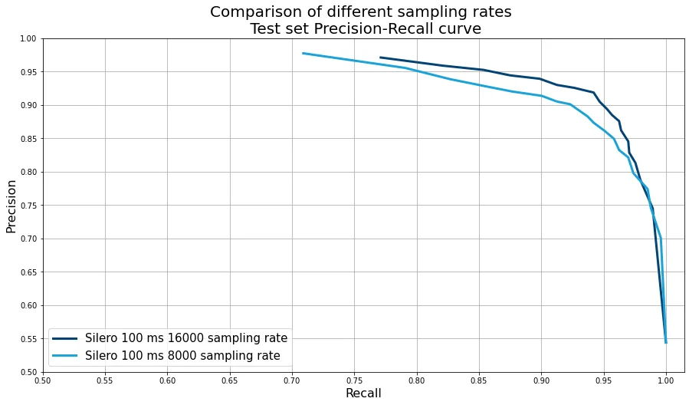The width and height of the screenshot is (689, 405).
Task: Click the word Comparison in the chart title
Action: coord(252,12)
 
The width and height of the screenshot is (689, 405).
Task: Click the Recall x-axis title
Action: coord(363,393)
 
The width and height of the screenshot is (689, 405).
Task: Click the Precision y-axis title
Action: coord(11,206)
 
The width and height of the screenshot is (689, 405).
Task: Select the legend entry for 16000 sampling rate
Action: coord(186,338)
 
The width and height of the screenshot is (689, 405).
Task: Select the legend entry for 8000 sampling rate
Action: coord(182,356)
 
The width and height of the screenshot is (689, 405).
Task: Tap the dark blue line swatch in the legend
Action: coord(66,338)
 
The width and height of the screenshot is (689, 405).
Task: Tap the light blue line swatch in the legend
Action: coord(66,356)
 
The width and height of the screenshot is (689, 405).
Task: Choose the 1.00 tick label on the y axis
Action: coord(28,38)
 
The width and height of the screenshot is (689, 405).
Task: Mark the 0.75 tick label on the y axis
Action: coord(28,206)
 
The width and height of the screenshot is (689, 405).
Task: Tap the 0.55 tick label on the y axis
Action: coord(28,339)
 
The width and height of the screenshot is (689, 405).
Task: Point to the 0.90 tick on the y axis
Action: coord(28,105)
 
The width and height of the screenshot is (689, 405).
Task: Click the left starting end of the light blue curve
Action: coord(303,53)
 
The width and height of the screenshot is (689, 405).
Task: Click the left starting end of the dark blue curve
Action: coord(381,58)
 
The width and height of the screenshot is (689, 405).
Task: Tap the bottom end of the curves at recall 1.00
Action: coord(666,342)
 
